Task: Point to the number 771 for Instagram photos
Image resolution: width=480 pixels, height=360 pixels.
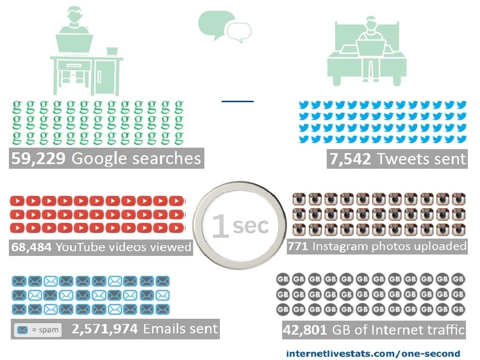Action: point(298,246)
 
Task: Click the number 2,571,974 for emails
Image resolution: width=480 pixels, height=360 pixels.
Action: point(105,329)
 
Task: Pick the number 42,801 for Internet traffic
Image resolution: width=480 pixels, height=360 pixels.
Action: point(305,330)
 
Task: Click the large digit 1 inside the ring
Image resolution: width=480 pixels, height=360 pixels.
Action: point(220,226)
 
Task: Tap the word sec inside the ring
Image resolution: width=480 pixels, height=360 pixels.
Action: point(251,225)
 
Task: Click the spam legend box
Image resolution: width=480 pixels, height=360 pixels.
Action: point(38,330)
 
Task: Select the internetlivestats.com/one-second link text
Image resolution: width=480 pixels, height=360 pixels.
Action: point(373,353)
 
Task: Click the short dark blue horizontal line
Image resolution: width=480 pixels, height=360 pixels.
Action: point(237,101)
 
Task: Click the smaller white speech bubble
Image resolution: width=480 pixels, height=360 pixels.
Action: point(239,32)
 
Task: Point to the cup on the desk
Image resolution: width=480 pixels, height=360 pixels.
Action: point(112,51)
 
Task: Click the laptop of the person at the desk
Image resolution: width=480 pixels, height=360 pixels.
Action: point(74,44)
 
